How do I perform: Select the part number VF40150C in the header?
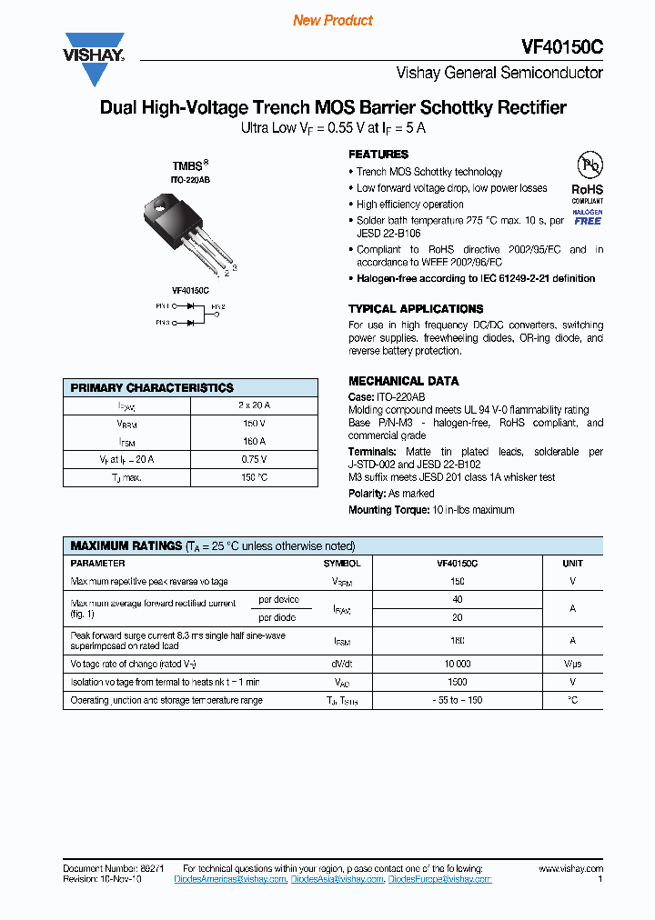[x=562, y=47]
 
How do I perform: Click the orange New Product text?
[x=333, y=20]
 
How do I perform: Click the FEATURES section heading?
[x=378, y=155]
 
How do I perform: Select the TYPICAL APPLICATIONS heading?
[x=416, y=309]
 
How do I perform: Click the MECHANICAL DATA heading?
[x=403, y=381]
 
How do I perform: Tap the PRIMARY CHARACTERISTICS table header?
[x=152, y=387]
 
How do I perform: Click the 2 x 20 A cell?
[x=254, y=405]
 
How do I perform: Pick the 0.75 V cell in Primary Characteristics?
[x=254, y=459]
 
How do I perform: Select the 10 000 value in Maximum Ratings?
[x=457, y=664]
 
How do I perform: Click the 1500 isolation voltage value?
[x=457, y=682]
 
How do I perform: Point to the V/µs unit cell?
[x=572, y=664]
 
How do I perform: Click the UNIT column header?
[x=572, y=564]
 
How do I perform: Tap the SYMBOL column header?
[x=341, y=564]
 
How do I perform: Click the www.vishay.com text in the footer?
[x=565, y=869]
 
